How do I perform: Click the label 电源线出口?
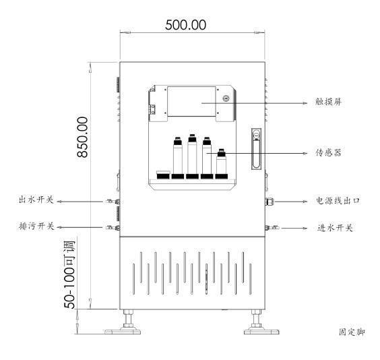click(339, 201)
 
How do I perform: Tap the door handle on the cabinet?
click(254, 149)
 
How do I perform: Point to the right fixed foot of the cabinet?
click(255, 324)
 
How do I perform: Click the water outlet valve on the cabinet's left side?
click(110, 201)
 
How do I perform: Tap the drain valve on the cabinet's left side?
click(110, 228)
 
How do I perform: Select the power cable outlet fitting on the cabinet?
click(270, 201)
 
